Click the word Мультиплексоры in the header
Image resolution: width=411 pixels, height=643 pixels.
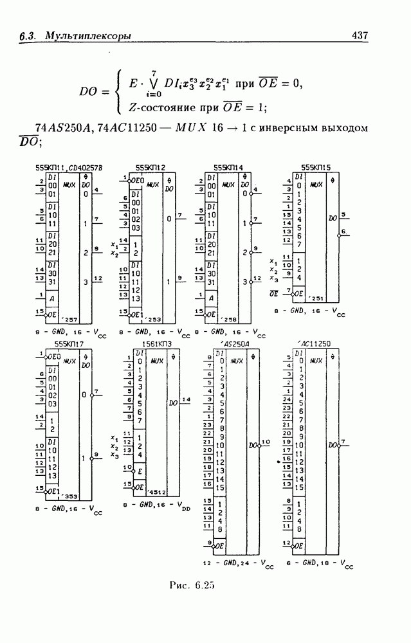pyautogui.click(x=88, y=36)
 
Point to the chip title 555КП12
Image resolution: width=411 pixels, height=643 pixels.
pyautogui.click(x=150, y=168)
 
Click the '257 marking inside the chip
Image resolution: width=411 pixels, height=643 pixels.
pyautogui.click(x=73, y=320)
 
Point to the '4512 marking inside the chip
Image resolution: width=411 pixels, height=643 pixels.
pyautogui.click(x=155, y=492)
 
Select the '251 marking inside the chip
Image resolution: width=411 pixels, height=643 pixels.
pyautogui.click(x=316, y=298)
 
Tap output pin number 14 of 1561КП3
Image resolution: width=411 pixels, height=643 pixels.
pyautogui.click(x=187, y=400)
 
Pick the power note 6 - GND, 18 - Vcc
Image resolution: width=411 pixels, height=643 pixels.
pyautogui.click(x=319, y=564)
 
